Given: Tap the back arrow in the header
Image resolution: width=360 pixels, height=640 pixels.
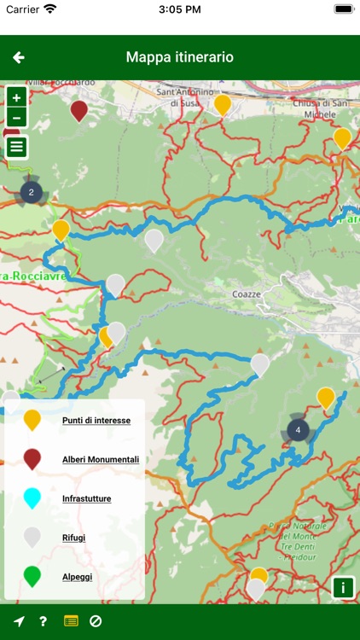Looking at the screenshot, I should pyautogui.click(x=19, y=57).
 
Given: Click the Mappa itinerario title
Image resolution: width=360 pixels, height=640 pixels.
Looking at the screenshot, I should pyautogui.click(x=180, y=57).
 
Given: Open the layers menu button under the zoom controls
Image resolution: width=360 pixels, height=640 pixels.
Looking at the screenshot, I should pyautogui.click(x=16, y=147).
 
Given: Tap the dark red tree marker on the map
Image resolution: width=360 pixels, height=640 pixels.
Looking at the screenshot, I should pyautogui.click(x=79, y=110).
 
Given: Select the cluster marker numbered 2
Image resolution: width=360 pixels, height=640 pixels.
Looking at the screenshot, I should pyautogui.click(x=32, y=193).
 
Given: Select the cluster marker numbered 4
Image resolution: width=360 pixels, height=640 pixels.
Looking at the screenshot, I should pyautogui.click(x=298, y=431).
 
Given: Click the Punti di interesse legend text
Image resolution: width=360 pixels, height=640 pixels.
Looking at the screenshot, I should pyautogui.click(x=96, y=420).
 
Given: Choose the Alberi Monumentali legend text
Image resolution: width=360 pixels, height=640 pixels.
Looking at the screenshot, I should pyautogui.click(x=101, y=459).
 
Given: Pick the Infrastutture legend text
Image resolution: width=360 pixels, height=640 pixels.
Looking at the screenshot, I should pyautogui.click(x=87, y=498).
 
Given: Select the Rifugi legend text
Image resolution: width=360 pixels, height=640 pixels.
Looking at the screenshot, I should pyautogui.click(x=74, y=538).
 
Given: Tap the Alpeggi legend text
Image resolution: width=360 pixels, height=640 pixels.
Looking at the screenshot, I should pyautogui.click(x=77, y=577).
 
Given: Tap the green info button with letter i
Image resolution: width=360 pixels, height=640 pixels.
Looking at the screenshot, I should pyautogui.click(x=343, y=587).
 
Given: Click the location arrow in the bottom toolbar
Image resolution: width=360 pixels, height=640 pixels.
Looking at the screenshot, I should pyautogui.click(x=19, y=621).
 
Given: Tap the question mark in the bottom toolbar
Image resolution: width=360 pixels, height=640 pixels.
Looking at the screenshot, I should pyautogui.click(x=43, y=621).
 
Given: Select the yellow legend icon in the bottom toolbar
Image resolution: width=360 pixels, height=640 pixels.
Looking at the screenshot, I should pyautogui.click(x=71, y=621).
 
